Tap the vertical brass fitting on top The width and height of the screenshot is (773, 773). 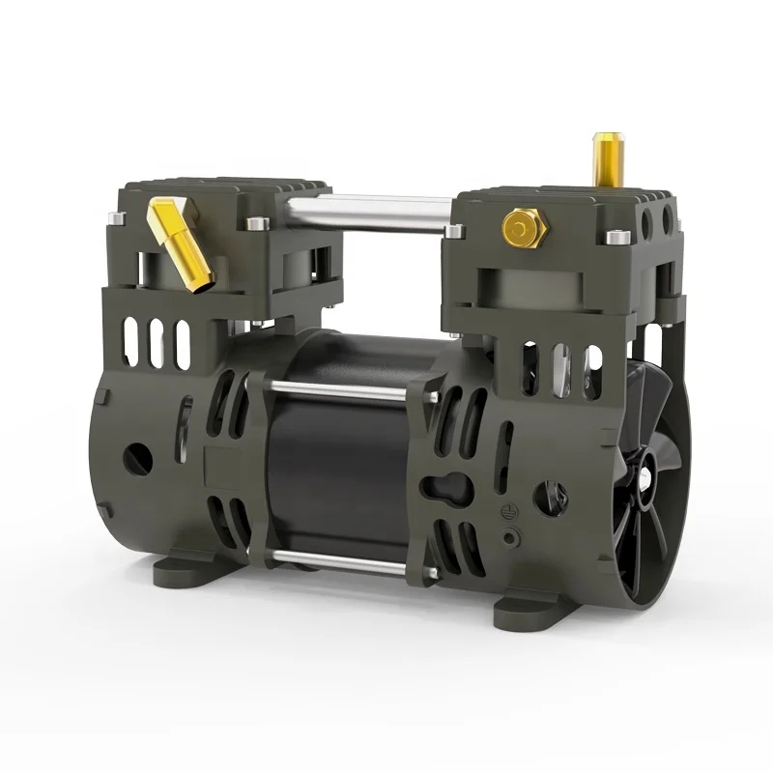(608, 159)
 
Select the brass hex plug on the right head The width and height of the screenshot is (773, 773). (519, 228)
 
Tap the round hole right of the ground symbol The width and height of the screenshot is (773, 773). (550, 498)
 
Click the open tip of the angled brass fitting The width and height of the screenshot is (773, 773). (204, 284)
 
